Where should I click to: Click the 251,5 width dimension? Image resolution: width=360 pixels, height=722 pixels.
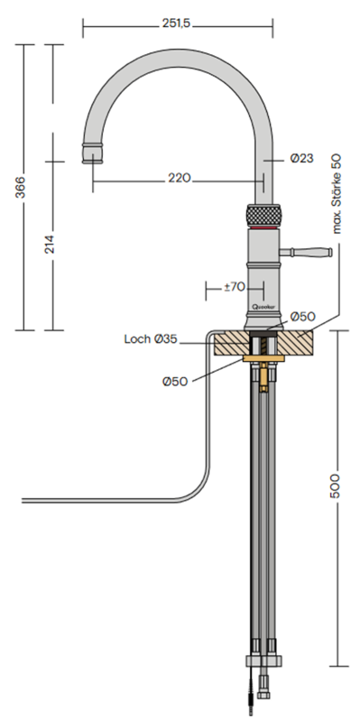click(176, 24)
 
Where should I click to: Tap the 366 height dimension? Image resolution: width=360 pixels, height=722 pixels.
click(20, 187)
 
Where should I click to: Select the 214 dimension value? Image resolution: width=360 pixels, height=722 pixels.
click(50, 244)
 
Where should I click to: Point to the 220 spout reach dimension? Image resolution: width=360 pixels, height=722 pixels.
click(179, 178)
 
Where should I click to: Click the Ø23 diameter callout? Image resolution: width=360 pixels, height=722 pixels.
click(301, 159)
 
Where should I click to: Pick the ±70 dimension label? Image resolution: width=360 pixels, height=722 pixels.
click(235, 287)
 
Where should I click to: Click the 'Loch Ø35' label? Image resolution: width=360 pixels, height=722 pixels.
click(151, 339)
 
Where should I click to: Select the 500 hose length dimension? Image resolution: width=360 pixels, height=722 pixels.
click(335, 485)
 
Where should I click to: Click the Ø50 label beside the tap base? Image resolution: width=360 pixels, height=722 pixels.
click(303, 317)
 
